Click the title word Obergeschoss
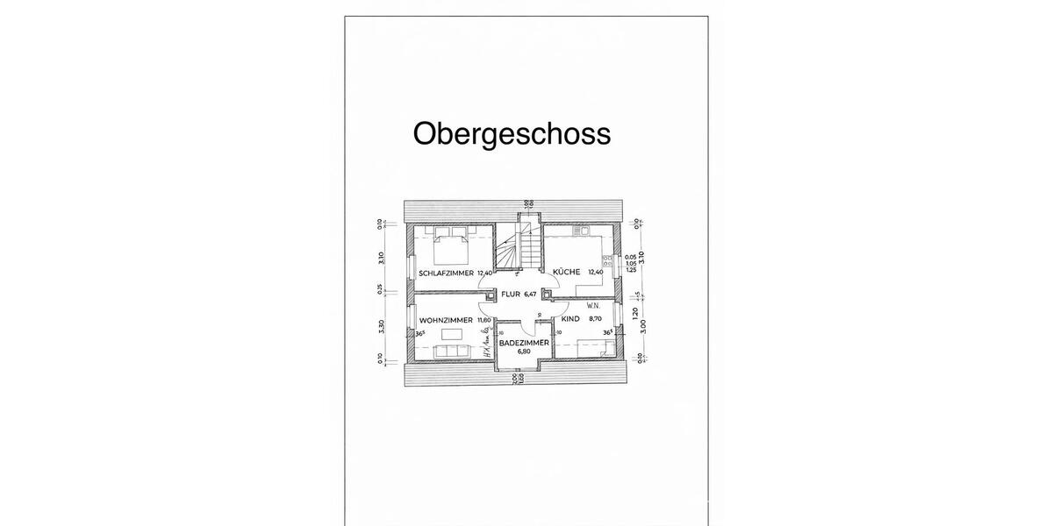tap(512, 134)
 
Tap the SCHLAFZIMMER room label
tap(446, 273)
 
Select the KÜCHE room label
tap(566, 273)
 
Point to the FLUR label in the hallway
tap(511, 295)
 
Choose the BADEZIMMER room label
tap(524, 342)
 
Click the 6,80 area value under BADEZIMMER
tap(524, 352)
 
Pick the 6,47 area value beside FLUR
tap(529, 295)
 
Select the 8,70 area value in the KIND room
tap(596, 321)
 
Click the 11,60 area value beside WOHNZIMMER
tap(484, 321)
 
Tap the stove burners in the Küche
tap(606, 259)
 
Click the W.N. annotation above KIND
tap(593, 307)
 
